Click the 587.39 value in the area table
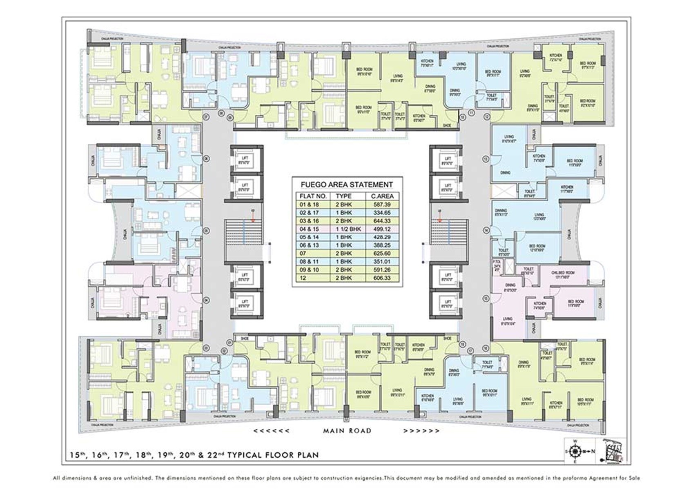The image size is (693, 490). [x=381, y=205]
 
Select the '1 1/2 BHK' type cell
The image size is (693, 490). [x=348, y=229]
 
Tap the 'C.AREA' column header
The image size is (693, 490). [x=382, y=196]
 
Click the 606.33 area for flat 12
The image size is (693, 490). [x=381, y=278]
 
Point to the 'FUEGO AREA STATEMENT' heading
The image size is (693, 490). [x=347, y=185]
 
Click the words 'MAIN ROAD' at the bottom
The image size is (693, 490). [x=347, y=430]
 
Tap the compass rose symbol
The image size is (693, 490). [x=576, y=451]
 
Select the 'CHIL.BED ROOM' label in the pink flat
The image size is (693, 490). [x=562, y=273]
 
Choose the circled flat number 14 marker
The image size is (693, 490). [x=486, y=231]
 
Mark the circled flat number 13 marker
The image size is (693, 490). [x=486, y=159]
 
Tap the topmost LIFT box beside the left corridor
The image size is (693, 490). [x=245, y=160]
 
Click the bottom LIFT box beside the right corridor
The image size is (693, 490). [x=448, y=303]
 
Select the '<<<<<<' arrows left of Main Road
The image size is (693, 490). [x=271, y=430]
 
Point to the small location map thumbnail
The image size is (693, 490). [x=611, y=451]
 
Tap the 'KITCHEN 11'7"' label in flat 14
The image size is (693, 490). [x=567, y=189]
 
